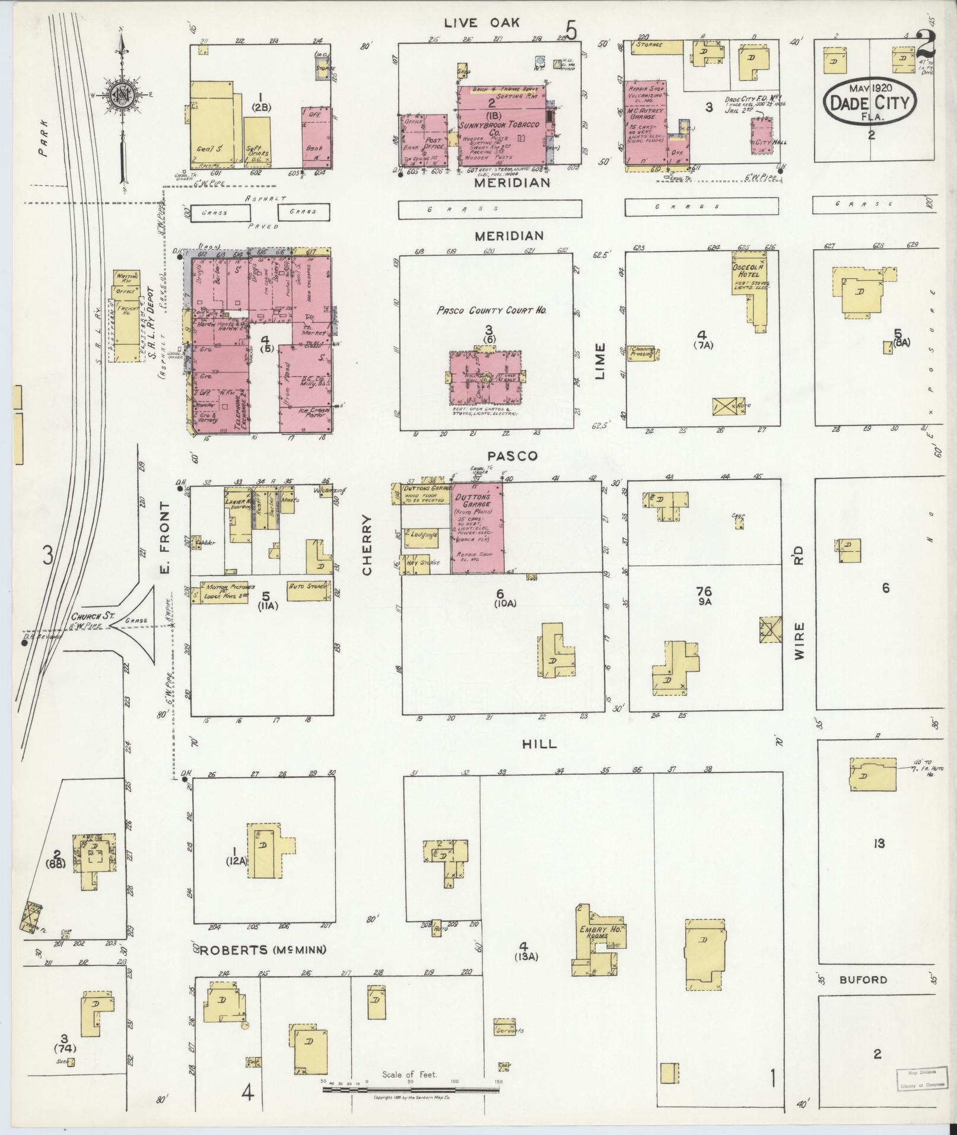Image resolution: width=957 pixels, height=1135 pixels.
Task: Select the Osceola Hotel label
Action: coord(749,270)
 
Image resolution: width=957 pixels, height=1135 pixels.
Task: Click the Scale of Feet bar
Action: coord(409,1089)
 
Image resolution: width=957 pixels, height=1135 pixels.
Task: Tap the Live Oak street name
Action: coord(482,23)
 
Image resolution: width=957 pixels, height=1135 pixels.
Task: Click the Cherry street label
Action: coord(367,545)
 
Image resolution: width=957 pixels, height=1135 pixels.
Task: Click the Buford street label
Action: coord(863,980)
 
